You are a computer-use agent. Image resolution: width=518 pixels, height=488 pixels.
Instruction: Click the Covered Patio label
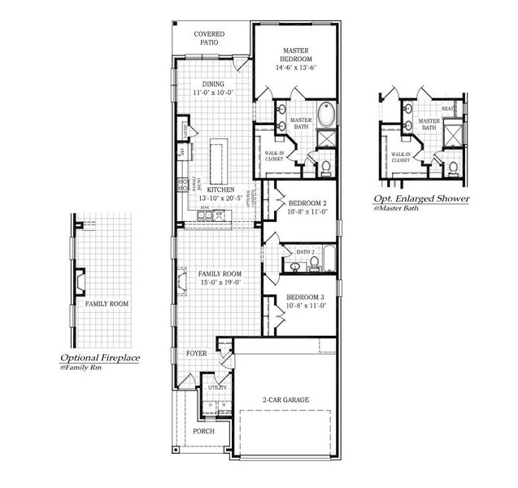tap(210, 37)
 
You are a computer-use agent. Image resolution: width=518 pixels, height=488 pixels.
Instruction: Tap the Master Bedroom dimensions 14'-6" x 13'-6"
tap(295, 69)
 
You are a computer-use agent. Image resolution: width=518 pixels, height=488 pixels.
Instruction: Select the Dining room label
tap(213, 84)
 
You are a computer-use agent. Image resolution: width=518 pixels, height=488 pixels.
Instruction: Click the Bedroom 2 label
tap(307, 203)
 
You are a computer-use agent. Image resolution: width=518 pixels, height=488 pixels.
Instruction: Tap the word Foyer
tap(196, 354)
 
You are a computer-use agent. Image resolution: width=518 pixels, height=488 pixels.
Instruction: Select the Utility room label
tap(217, 388)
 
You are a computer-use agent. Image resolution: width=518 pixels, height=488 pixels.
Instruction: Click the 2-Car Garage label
tap(285, 399)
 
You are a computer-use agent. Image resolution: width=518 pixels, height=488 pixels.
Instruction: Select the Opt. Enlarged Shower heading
tap(421, 198)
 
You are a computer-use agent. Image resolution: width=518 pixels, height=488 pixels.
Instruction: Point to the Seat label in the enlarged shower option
tap(447, 109)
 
